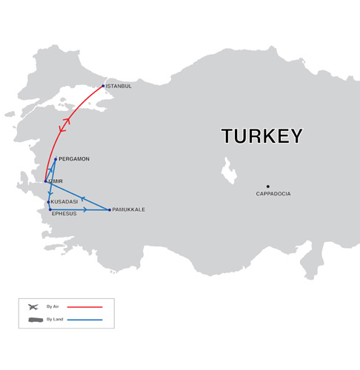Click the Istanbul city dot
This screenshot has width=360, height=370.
(x=103, y=86)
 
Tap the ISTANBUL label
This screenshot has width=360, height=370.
(x=119, y=87)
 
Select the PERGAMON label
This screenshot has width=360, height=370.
(x=74, y=159)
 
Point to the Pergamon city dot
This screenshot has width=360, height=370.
(x=56, y=159)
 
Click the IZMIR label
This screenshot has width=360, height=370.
(x=55, y=181)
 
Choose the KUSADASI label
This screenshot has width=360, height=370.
(x=64, y=202)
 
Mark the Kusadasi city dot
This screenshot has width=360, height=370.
(x=49, y=202)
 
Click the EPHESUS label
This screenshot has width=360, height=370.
(x=64, y=214)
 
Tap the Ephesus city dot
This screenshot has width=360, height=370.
(x=50, y=209)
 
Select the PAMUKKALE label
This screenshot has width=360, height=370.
(x=129, y=209)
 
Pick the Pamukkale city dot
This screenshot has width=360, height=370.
(x=110, y=209)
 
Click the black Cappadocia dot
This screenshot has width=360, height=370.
(x=268, y=186)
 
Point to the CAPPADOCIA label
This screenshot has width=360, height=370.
(x=273, y=194)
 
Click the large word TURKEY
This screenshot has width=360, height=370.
(x=262, y=136)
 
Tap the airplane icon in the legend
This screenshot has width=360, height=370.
(x=33, y=306)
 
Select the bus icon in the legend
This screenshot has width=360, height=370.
(x=34, y=320)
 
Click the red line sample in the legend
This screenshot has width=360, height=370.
(x=85, y=306)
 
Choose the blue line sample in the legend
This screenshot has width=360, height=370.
(x=85, y=320)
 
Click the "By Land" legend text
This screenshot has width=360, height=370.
(x=55, y=320)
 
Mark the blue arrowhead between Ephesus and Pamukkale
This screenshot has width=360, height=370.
(x=84, y=209)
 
